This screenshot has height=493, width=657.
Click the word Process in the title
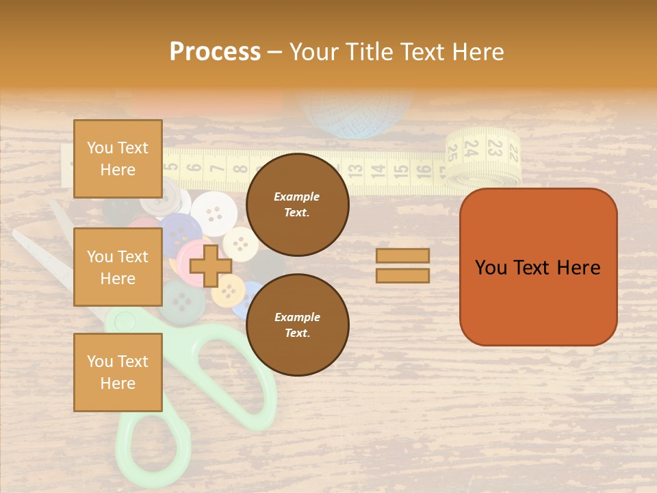pos(215,51)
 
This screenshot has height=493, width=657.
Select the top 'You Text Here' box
pos(118,159)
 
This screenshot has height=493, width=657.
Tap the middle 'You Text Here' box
pos(118,267)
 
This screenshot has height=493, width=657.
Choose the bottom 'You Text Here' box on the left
pos(118,372)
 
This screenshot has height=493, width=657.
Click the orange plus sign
pos(210,266)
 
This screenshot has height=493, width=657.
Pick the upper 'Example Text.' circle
pos(297,205)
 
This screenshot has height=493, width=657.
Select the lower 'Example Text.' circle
pos(297,325)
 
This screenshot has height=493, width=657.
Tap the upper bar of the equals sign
pos(402,255)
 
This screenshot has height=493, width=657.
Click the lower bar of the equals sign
pos(402,275)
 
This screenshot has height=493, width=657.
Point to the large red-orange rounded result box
pos(538,267)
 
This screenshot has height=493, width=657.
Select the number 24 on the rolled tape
pos(471,148)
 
